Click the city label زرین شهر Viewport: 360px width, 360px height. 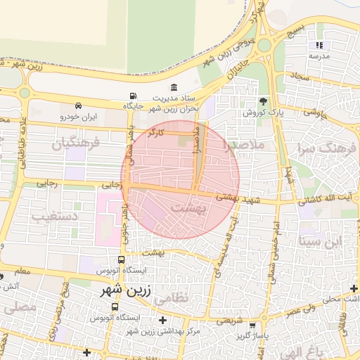(124, 290)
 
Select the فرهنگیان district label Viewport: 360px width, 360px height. (77, 143)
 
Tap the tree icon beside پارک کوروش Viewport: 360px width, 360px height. (264, 101)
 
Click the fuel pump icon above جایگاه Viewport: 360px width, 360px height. (133, 96)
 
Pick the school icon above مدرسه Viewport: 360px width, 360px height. (319, 45)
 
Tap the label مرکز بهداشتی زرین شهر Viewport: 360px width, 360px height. (169, 330)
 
